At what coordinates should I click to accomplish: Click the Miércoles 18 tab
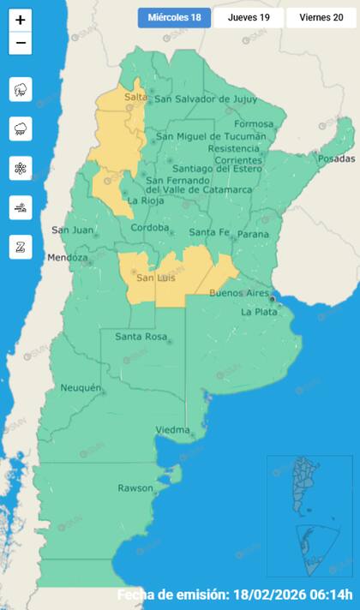click(x=174, y=18)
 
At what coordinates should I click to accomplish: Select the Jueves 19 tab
click(x=249, y=18)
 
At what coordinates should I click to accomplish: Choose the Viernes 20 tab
click(x=321, y=18)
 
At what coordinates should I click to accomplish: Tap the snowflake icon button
click(x=21, y=168)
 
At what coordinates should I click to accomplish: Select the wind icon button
click(x=21, y=207)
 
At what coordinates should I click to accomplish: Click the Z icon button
click(x=21, y=247)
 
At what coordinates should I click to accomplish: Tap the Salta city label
click(x=135, y=99)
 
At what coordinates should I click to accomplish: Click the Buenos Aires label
click(x=240, y=293)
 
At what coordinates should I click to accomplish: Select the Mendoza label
click(x=68, y=257)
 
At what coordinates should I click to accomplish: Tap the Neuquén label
click(x=81, y=388)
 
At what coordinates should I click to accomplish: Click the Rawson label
click(x=135, y=488)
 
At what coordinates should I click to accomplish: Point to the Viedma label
click(x=172, y=429)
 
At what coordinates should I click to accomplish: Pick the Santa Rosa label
click(x=141, y=336)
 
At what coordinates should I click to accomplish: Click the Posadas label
click(x=335, y=158)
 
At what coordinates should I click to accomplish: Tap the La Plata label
click(x=258, y=312)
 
